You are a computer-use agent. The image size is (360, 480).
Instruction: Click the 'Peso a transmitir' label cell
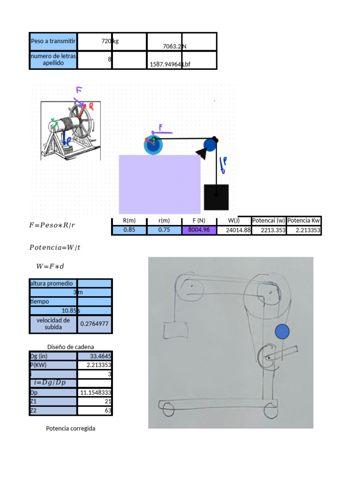pos(52,41)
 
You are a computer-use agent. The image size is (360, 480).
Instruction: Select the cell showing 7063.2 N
pos(165,46)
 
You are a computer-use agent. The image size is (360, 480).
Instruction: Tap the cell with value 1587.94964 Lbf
pos(165,65)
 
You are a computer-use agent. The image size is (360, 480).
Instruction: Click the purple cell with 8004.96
pos(199,230)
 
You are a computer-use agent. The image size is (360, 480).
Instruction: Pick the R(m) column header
pos(129,221)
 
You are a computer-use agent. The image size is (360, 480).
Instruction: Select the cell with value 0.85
pos(129,230)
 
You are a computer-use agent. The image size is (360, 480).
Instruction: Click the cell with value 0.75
pos(164,230)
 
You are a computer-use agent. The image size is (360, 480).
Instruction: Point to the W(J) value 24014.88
pos(234,230)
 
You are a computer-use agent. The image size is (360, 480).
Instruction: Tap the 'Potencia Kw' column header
pos(304,221)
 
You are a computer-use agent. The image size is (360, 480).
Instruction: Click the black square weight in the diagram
pos(216,197)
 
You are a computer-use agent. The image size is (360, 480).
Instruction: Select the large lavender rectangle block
pos(159,184)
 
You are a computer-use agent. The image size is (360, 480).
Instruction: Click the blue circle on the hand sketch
pos(282,331)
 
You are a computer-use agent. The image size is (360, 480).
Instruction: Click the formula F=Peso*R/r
pos(52,225)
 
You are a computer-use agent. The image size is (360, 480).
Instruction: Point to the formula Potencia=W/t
pos(55,247)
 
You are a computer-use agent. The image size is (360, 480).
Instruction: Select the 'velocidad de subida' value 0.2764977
pos(95,323)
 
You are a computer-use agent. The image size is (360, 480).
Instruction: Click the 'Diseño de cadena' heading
pos(70,347)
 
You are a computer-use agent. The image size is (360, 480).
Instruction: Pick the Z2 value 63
pos(95,411)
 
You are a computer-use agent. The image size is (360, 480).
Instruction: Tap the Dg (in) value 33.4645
pos(95,356)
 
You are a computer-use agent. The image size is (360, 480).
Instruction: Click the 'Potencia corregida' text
pos(71,428)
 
